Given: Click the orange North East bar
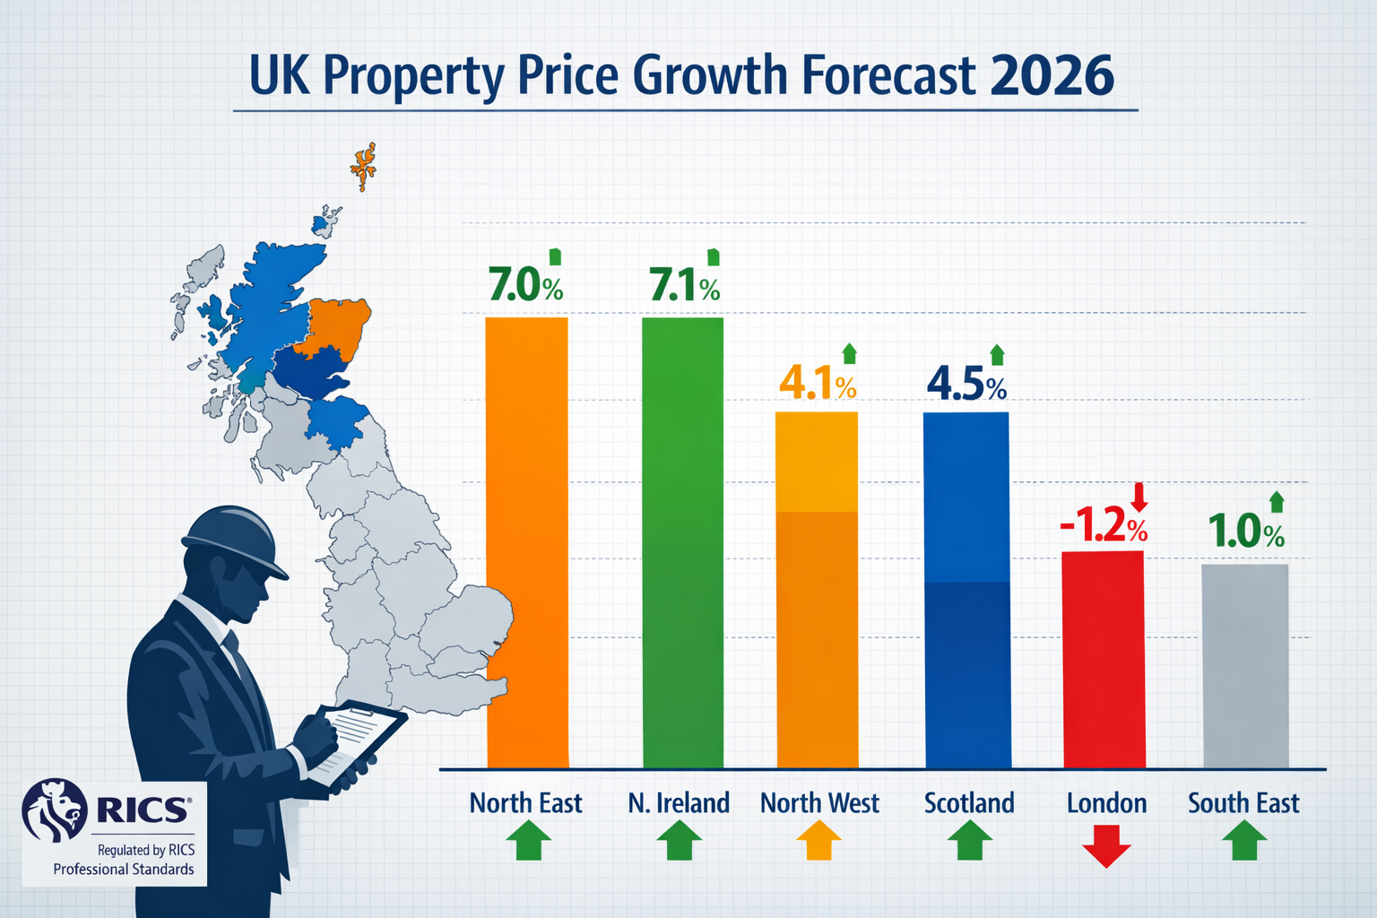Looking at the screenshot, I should point(526,542).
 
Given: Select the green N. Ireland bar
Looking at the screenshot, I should point(683,542).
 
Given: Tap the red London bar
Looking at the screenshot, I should point(1104,659).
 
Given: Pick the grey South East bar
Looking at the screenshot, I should point(1245,665).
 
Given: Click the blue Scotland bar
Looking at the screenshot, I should point(966,590).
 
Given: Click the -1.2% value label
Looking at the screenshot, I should point(1103,527).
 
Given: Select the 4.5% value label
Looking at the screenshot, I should point(966,385).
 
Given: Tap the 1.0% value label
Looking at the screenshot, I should point(1246,533).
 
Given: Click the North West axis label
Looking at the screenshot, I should point(819,803).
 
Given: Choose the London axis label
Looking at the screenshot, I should point(1106,803).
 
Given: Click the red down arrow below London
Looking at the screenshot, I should point(1106,844).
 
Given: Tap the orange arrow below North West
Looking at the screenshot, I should point(819,842).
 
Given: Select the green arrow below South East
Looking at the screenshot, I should point(1244,842).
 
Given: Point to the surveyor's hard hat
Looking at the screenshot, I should point(232,536).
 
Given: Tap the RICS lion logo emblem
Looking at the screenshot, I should point(54,809).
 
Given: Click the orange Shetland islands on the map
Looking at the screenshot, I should point(364,165).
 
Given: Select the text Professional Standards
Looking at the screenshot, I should point(124,870).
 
